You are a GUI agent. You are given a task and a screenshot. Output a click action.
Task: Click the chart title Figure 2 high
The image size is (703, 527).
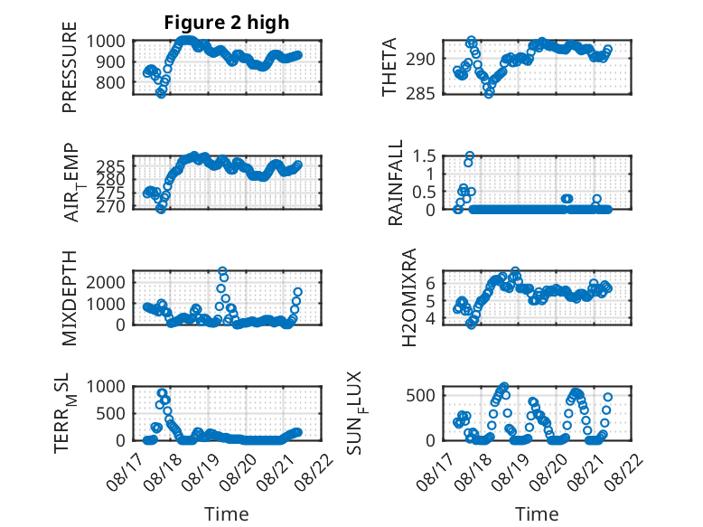pos(227,23)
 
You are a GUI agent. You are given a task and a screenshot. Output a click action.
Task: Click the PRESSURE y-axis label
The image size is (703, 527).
pos(70,67)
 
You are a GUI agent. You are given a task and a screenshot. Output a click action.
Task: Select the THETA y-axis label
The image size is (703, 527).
pos(389,67)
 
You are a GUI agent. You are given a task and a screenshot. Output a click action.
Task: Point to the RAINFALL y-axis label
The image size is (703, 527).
pos(396,183)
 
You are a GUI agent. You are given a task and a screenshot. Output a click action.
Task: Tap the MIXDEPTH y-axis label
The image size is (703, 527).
pos(70,297)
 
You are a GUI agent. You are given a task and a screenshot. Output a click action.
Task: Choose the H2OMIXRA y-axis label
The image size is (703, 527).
pos(409,297)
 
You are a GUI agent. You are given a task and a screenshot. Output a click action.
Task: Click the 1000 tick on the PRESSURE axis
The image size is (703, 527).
pos(106,42)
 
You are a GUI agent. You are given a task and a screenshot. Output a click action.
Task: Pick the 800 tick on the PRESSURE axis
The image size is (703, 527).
pos(110,82)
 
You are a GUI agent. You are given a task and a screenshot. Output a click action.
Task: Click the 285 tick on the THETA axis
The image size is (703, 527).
pos(420,93)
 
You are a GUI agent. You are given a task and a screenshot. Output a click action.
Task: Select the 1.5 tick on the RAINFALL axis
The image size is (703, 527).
pos(424,156)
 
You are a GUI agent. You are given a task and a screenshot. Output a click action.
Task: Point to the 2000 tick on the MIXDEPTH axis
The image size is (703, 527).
pos(106,282)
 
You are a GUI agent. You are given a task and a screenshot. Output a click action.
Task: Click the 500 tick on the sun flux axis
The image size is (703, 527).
pos(420,395)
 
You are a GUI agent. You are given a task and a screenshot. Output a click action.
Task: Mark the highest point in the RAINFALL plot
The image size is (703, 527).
pos(470,156)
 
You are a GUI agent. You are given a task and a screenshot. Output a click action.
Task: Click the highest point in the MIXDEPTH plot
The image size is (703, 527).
pos(222,271)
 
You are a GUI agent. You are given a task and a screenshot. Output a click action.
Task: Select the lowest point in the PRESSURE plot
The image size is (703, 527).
pos(161,94)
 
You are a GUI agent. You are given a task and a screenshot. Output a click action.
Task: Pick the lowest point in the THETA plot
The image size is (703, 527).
pos(489,93)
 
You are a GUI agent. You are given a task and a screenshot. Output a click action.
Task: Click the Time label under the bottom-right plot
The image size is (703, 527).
pos(537,513)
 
